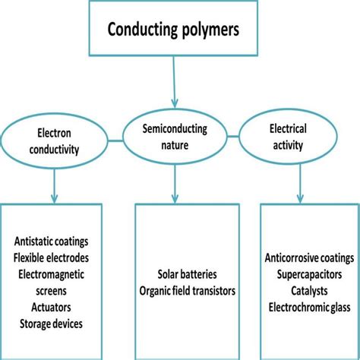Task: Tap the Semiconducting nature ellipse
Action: click(x=176, y=136)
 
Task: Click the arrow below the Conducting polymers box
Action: click(x=175, y=84)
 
